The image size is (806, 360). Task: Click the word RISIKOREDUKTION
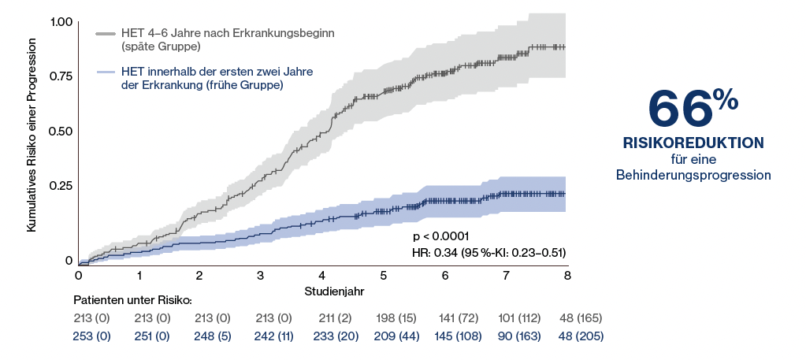point(693,143)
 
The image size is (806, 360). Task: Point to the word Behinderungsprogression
point(693,175)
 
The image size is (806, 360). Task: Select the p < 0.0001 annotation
point(441,236)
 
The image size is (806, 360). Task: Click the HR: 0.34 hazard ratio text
point(489,252)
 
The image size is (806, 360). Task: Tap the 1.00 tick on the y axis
point(61,23)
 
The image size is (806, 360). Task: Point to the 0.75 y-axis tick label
point(61,76)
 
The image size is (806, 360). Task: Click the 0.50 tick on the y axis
point(61,131)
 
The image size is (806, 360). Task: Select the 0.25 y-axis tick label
point(61,185)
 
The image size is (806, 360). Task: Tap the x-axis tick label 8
point(567,276)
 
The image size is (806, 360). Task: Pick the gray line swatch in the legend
point(106,35)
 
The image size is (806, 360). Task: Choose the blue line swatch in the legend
point(106,73)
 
